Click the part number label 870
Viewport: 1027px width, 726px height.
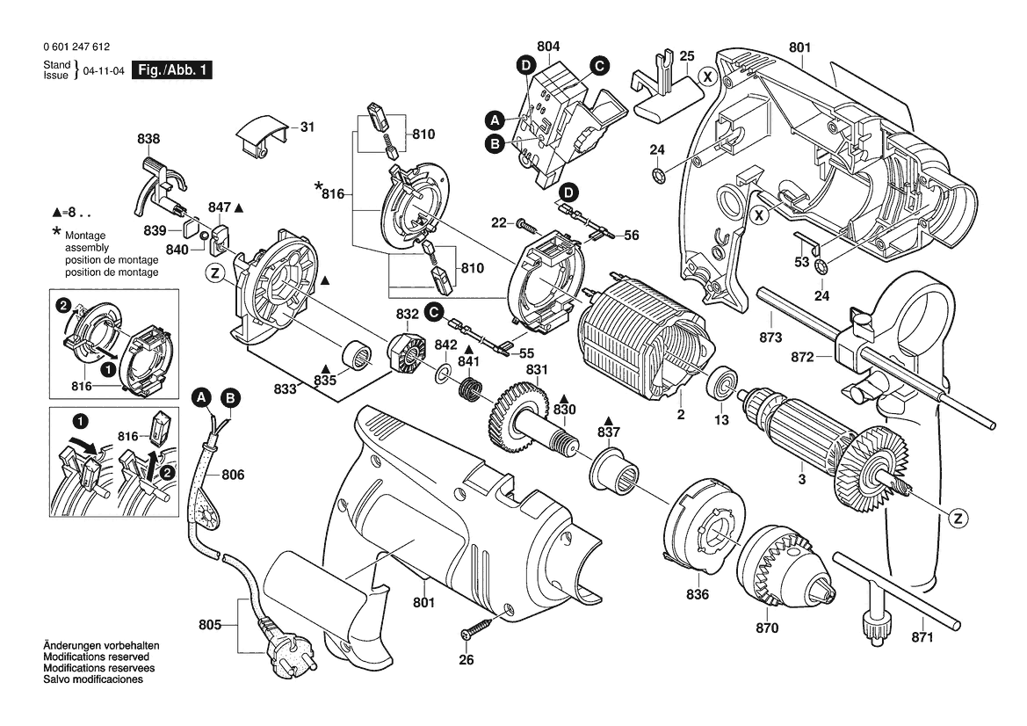(767, 628)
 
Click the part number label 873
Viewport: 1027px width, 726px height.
(770, 338)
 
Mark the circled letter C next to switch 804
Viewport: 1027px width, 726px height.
(599, 64)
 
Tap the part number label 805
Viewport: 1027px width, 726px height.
(210, 627)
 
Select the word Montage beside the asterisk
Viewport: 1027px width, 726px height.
(84, 236)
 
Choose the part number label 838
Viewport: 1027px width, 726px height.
(148, 139)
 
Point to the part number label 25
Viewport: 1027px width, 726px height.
(686, 55)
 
